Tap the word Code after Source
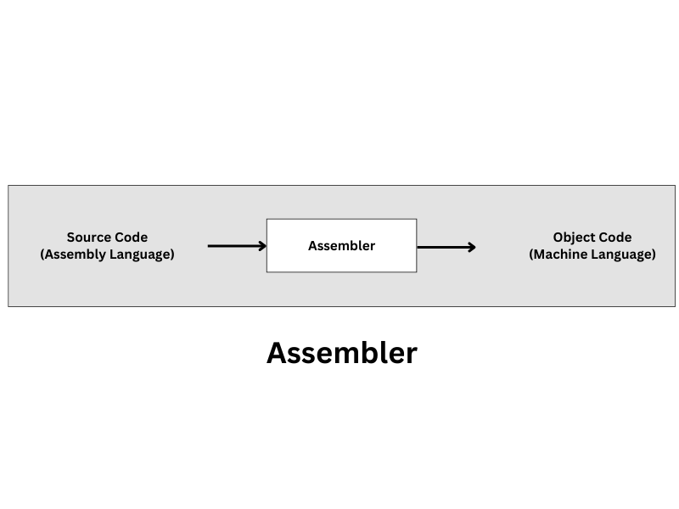click(131, 238)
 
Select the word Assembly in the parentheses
click(75, 255)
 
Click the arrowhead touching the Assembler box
click(262, 246)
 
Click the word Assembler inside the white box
click(341, 246)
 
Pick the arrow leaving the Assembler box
click(443, 247)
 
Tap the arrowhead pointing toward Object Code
click(471, 247)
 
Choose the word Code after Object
click(615, 238)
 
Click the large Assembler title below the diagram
click(341, 353)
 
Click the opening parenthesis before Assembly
click(42, 255)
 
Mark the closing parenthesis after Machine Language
click(654, 255)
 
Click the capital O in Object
click(558, 238)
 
